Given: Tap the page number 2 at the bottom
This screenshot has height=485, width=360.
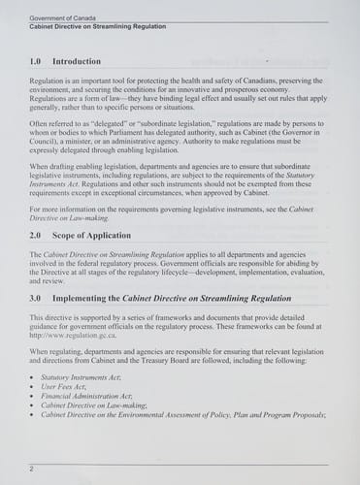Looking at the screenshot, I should pyautogui.click(x=32, y=469).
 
